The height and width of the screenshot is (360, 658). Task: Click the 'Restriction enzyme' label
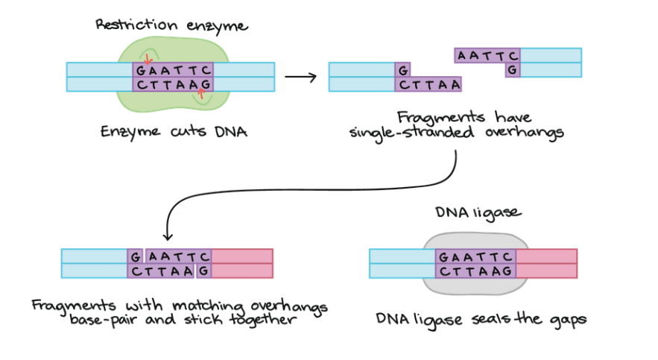pyautogui.click(x=171, y=25)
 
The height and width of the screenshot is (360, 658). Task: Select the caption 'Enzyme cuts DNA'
pyautogui.click(x=174, y=132)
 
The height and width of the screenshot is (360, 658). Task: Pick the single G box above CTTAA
pyautogui.click(x=402, y=70)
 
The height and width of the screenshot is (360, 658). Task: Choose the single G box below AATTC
pyautogui.click(x=512, y=70)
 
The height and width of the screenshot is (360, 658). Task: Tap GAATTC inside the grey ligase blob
pyautogui.click(x=475, y=256)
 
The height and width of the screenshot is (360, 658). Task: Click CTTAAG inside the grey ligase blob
pyautogui.click(x=475, y=271)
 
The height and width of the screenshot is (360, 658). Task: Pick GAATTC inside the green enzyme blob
pyautogui.click(x=174, y=70)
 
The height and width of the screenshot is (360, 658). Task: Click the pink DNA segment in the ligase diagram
pyautogui.click(x=546, y=263)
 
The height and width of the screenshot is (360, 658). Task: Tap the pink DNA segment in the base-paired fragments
pyautogui.click(x=242, y=263)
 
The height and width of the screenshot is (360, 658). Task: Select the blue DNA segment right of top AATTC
pyautogui.click(x=551, y=55)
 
